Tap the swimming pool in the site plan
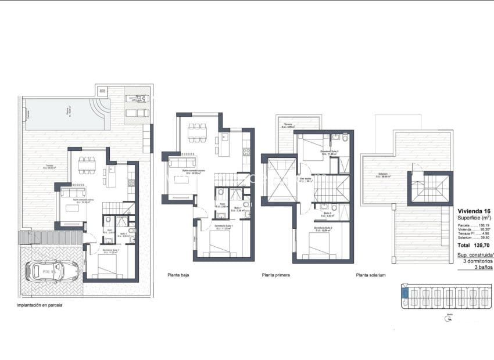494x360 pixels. (x=65, y=113)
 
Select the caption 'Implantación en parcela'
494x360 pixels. (x=40, y=305)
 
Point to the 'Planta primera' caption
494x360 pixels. (x=276, y=275)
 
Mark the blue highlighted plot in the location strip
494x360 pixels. (x=405, y=294)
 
